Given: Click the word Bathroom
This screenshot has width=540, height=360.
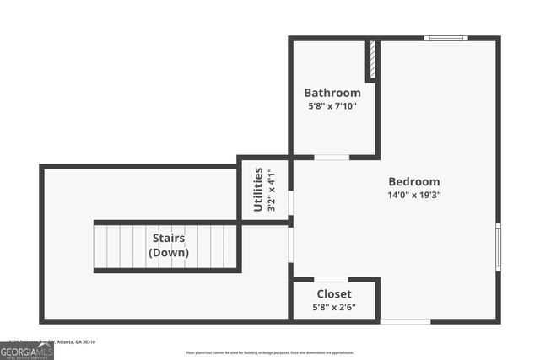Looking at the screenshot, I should click(x=332, y=93).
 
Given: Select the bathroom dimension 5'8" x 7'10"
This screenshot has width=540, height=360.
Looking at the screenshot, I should click(x=332, y=106).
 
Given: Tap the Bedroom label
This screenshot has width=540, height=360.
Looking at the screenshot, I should click(x=413, y=181).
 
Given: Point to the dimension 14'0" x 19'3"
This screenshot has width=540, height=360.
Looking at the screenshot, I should click(x=413, y=195).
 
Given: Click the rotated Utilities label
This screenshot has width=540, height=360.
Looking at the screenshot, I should click(x=258, y=190).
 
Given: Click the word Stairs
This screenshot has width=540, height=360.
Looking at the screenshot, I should click(x=169, y=239).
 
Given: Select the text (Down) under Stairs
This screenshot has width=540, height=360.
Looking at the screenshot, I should click(x=169, y=253).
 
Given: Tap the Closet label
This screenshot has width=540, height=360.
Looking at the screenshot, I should click(x=334, y=293).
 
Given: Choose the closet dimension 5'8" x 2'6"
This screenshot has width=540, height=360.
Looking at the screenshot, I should click(x=334, y=307).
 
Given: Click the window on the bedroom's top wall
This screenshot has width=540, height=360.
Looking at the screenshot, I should click(x=445, y=38).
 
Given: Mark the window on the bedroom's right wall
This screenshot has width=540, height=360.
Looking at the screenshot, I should click(x=498, y=246).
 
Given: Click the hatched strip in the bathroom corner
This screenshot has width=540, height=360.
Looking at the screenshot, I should click(x=370, y=59).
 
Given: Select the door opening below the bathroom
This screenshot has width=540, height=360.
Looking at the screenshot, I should click(x=332, y=157).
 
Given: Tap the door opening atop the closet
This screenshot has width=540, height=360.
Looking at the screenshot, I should click(x=331, y=279).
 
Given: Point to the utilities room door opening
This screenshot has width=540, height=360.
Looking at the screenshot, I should click(x=291, y=202).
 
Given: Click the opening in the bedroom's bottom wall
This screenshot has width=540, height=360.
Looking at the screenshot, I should click(x=405, y=321).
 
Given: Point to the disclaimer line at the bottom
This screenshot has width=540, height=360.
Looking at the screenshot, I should click(x=270, y=352).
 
